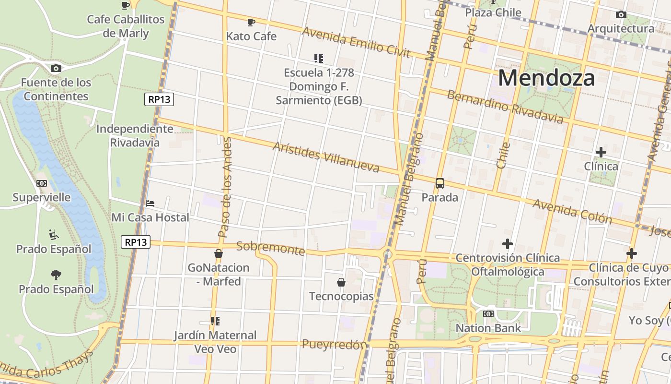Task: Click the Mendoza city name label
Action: [x=546, y=78]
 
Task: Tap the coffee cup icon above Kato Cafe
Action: [x=251, y=22]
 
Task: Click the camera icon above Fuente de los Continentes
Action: [x=56, y=69]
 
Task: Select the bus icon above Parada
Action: [x=440, y=183]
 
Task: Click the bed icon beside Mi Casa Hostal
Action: [x=150, y=204]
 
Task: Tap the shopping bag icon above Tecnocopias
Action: [x=341, y=282]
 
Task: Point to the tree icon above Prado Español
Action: [x=56, y=275]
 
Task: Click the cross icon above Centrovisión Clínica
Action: [x=508, y=244]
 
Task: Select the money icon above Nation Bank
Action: [x=488, y=314]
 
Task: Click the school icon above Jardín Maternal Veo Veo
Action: [x=215, y=321]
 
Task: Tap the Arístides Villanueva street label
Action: [x=326, y=157]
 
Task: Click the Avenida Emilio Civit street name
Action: [x=356, y=42]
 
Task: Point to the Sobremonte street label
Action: [x=271, y=248]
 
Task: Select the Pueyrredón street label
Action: [x=334, y=344]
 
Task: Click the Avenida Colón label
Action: [x=572, y=212]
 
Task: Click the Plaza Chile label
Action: [x=493, y=12]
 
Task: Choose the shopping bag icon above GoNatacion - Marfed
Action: [x=219, y=253]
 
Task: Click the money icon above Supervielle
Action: [x=42, y=183]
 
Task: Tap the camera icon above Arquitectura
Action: [x=621, y=15]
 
